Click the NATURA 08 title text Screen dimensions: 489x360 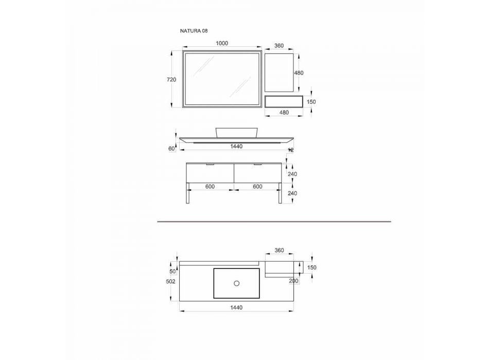point(194,31)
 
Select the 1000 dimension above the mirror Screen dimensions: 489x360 point(222,43)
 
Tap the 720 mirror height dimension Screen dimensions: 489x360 point(171,80)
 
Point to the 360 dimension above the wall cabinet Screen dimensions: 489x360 point(279,45)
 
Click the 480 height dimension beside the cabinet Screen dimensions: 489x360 point(299,73)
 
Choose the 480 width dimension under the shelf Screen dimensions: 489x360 point(284,113)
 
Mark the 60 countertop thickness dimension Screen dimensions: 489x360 point(171,149)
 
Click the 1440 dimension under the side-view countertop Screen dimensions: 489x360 point(236,146)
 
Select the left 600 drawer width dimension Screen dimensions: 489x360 point(210,186)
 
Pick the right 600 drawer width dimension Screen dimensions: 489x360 point(257,186)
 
